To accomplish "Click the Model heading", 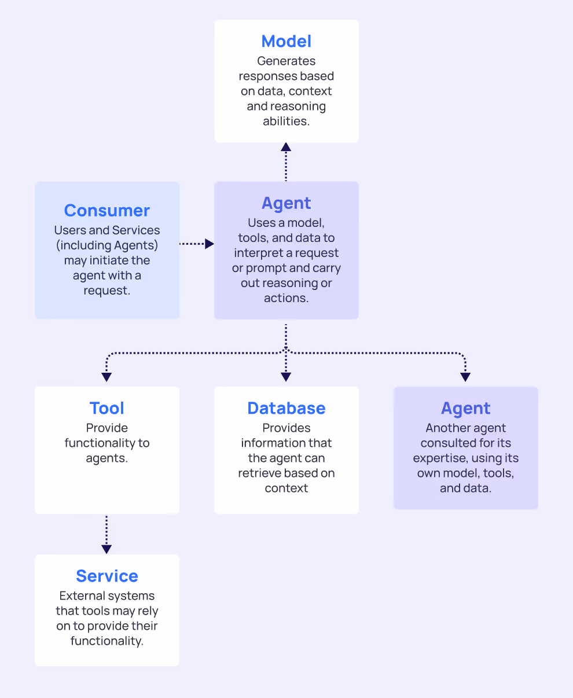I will (x=286, y=42).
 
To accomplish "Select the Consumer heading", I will (x=107, y=210).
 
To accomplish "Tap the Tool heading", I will (x=107, y=408).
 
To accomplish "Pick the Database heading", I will (x=286, y=408).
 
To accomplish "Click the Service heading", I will (x=107, y=576).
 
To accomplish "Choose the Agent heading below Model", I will (x=286, y=203).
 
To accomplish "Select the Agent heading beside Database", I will (x=465, y=408).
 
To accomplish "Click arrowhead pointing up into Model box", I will (x=286, y=147).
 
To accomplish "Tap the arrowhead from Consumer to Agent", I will (x=210, y=244).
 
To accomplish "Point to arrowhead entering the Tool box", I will (x=106, y=377).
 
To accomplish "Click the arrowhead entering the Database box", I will (x=286, y=377).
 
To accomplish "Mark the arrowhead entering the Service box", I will (x=106, y=549).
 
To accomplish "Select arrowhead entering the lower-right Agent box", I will (x=465, y=377).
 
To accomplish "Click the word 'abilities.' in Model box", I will (x=286, y=121).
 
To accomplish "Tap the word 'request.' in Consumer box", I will (x=107, y=291).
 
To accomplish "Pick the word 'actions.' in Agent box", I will (x=286, y=298).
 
